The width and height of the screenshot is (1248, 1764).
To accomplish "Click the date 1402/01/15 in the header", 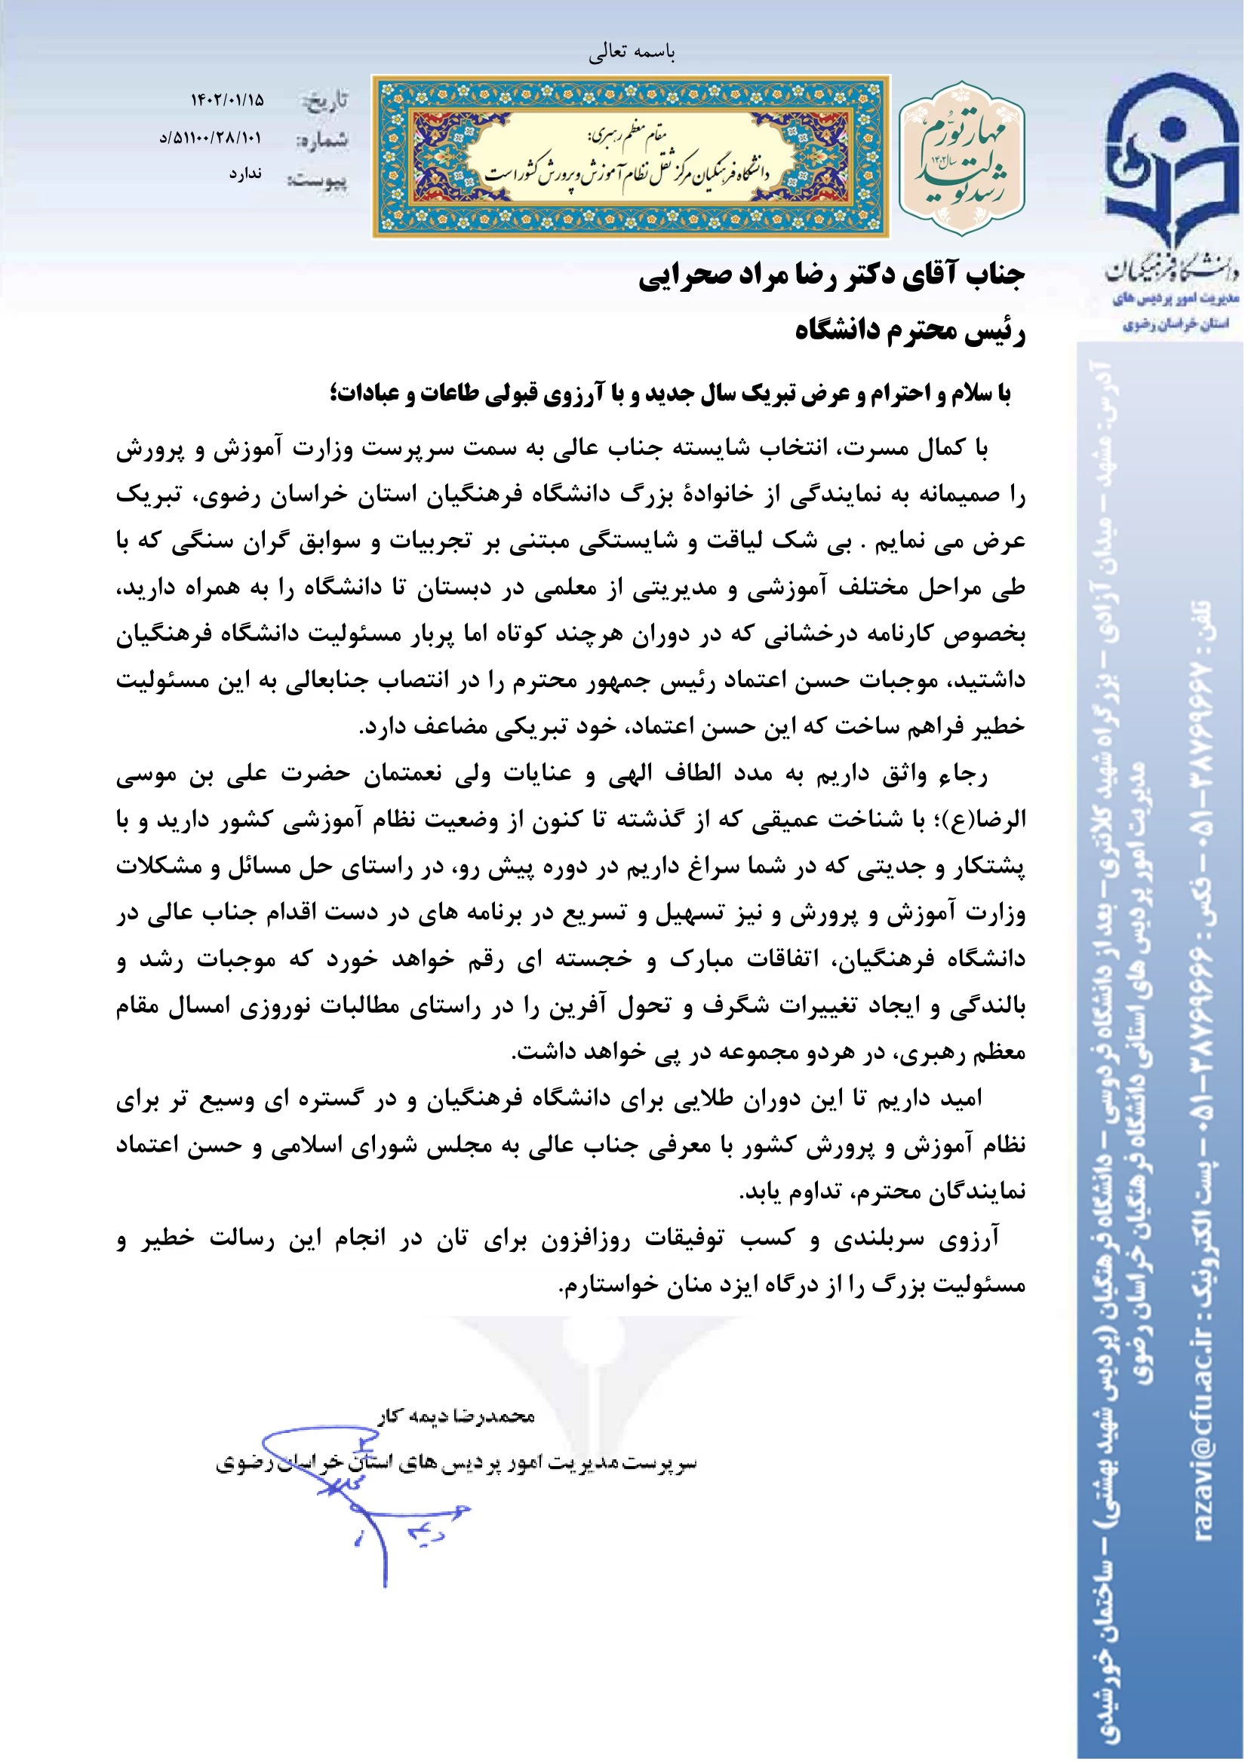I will point(226,100).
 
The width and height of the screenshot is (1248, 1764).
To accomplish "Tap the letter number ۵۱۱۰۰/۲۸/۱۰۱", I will point(211,138).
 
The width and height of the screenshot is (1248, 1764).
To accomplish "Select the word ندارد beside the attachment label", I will point(245,174).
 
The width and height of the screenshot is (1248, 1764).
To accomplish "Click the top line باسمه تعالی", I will point(632,51).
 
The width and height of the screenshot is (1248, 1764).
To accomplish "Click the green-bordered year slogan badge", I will point(962,158).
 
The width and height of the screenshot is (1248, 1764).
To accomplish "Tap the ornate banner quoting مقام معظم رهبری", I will point(631,156).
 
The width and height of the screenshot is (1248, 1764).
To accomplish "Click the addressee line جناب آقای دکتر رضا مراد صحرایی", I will point(831,276).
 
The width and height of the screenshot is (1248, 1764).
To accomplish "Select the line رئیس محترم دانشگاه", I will point(910,332).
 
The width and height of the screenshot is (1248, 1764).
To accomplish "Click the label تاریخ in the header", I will point(326,100).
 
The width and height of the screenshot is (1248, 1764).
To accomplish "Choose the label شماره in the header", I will point(322,140).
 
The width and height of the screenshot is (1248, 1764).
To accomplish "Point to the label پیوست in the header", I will point(317,181).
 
